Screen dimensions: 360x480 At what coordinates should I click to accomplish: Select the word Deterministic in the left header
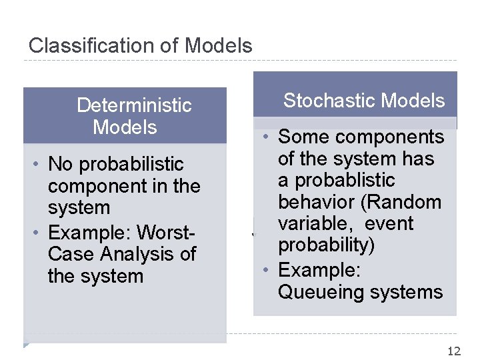click(x=134, y=105)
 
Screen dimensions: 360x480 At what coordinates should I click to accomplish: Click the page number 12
click(x=454, y=351)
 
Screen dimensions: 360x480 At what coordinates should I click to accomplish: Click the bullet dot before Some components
click(x=265, y=137)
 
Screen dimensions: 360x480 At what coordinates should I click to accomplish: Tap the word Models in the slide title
click(x=219, y=46)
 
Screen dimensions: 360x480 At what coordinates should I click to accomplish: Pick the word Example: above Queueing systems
click(x=319, y=270)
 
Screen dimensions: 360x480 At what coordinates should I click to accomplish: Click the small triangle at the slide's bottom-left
click(x=26, y=345)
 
